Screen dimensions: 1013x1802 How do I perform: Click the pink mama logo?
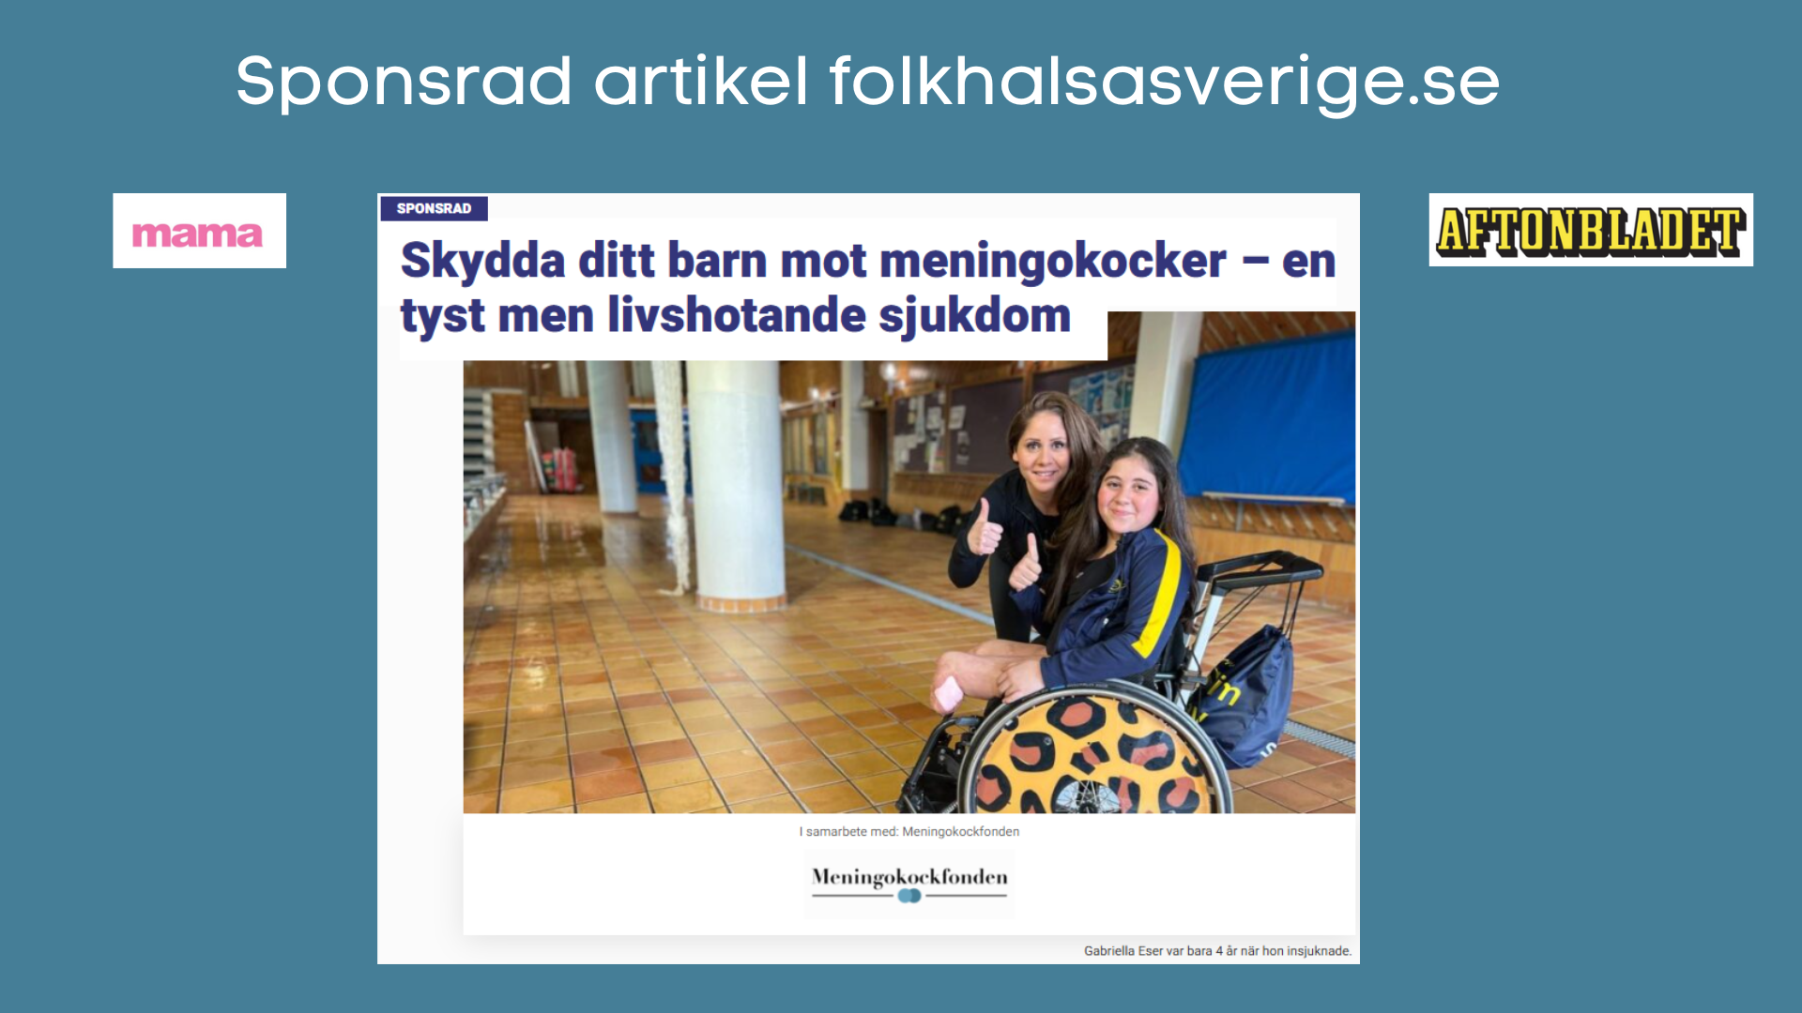[x=198, y=233]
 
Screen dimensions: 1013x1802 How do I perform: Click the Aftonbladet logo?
[x=1590, y=231]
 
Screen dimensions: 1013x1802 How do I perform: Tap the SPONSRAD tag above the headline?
[x=434, y=208]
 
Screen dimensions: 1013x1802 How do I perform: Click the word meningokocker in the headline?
[x=1052, y=261]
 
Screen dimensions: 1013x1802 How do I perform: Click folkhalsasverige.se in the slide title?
[x=1164, y=83]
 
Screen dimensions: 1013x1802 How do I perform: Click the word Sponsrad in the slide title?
[x=404, y=83]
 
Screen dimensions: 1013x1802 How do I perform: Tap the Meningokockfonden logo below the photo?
[x=909, y=883]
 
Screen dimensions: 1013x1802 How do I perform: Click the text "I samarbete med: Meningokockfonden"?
[x=909, y=831]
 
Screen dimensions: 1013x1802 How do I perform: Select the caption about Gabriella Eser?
[x=1217, y=950]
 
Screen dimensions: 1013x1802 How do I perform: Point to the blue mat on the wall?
[x=1267, y=422]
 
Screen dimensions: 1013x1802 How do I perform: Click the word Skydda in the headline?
[x=482, y=261]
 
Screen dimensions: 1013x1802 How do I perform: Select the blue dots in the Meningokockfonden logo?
[x=909, y=896]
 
